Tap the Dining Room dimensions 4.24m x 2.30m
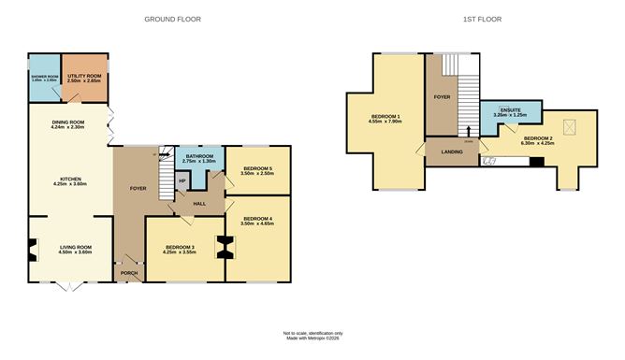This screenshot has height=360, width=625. point(69,127)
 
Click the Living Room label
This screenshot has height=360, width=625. point(71,247)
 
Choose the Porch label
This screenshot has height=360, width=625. point(128,275)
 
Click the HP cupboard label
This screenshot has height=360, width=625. point(182,180)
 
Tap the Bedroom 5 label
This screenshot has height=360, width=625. point(257,168)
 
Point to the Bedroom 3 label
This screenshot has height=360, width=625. point(183,247)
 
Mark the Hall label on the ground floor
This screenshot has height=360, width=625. point(200,202)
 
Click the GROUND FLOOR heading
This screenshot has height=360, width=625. point(173,19)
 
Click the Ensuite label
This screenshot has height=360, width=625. point(511,110)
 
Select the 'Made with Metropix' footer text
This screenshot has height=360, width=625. point(312,338)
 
